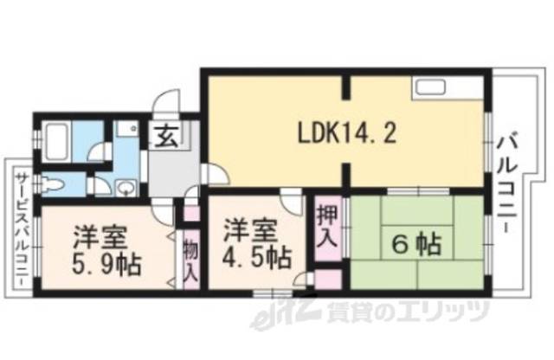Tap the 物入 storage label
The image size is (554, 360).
coord(191,260)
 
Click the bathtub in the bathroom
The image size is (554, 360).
coord(58,139)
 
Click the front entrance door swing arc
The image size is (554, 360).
coord(164,109)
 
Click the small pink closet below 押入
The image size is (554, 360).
coord(327,279)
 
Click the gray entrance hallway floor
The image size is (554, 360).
coord(173,173)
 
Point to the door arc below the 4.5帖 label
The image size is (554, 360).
coord(303,279)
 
